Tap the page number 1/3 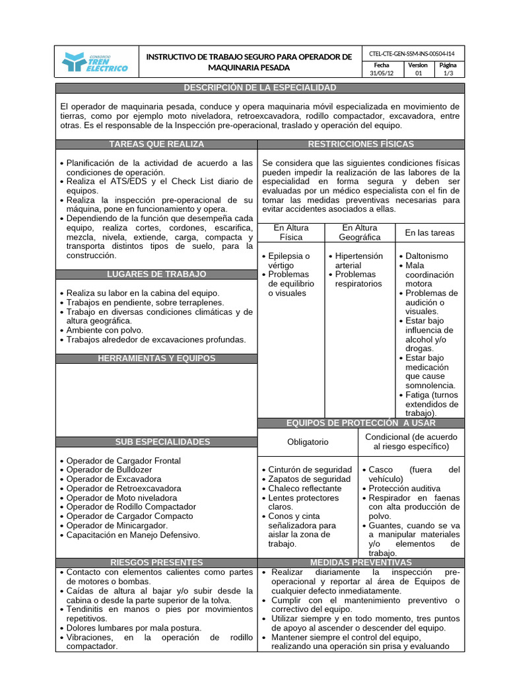[x=448, y=74]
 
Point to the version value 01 [x=417, y=74]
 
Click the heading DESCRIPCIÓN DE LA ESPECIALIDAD [x=259, y=88]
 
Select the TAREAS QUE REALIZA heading [x=156, y=144]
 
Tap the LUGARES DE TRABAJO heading [x=156, y=274]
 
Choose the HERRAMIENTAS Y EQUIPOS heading [x=156, y=358]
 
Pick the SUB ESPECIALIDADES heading [x=156, y=442]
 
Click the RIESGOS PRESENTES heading [x=156, y=562]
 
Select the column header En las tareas [x=429, y=232]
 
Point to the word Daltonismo [x=426, y=255]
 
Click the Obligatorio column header [x=307, y=442]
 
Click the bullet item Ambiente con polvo [x=104, y=330]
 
